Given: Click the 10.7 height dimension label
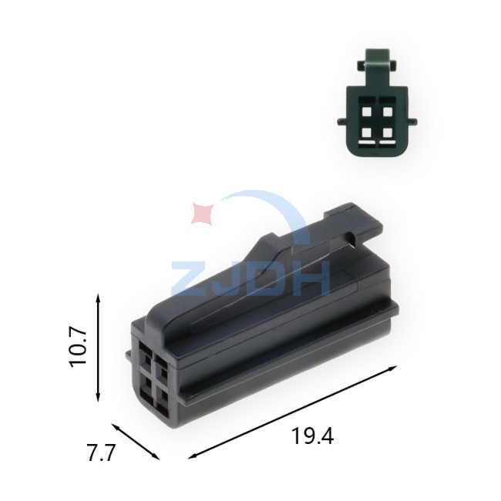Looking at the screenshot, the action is (x=79, y=348).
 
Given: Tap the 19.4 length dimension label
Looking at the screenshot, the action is (x=313, y=436).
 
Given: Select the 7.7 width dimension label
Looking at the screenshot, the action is (x=101, y=453).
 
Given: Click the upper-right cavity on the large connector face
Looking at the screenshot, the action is (x=161, y=368).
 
